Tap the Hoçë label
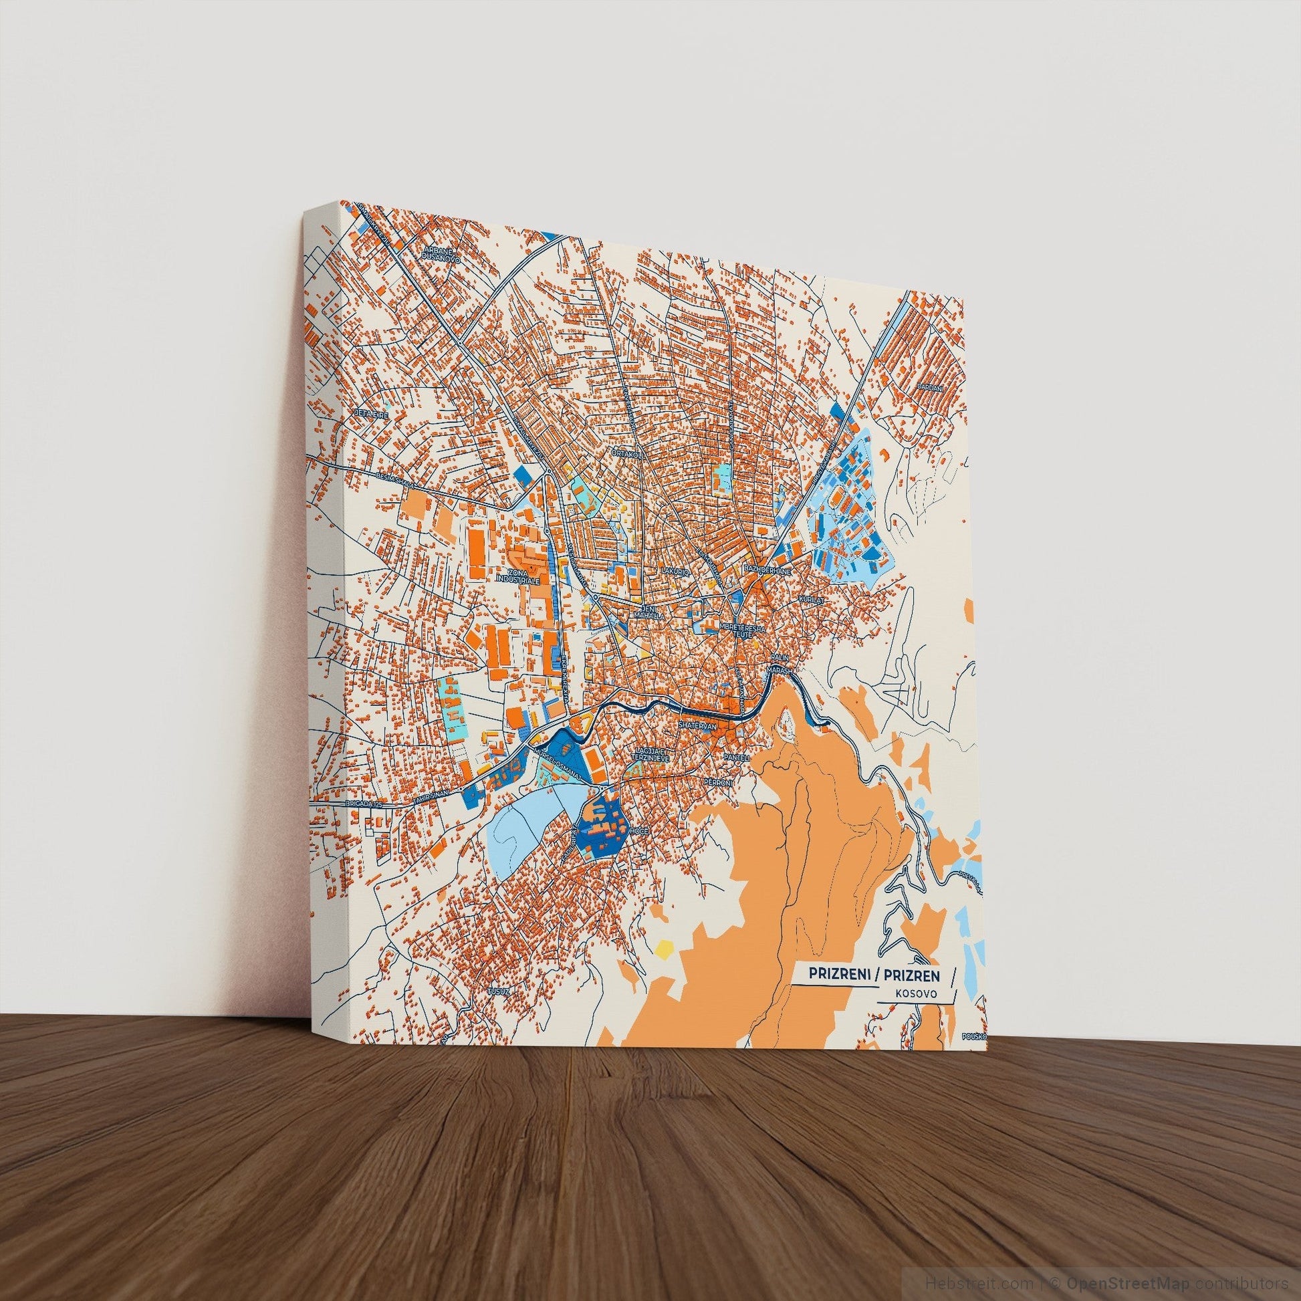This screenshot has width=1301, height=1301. click(x=639, y=832)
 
